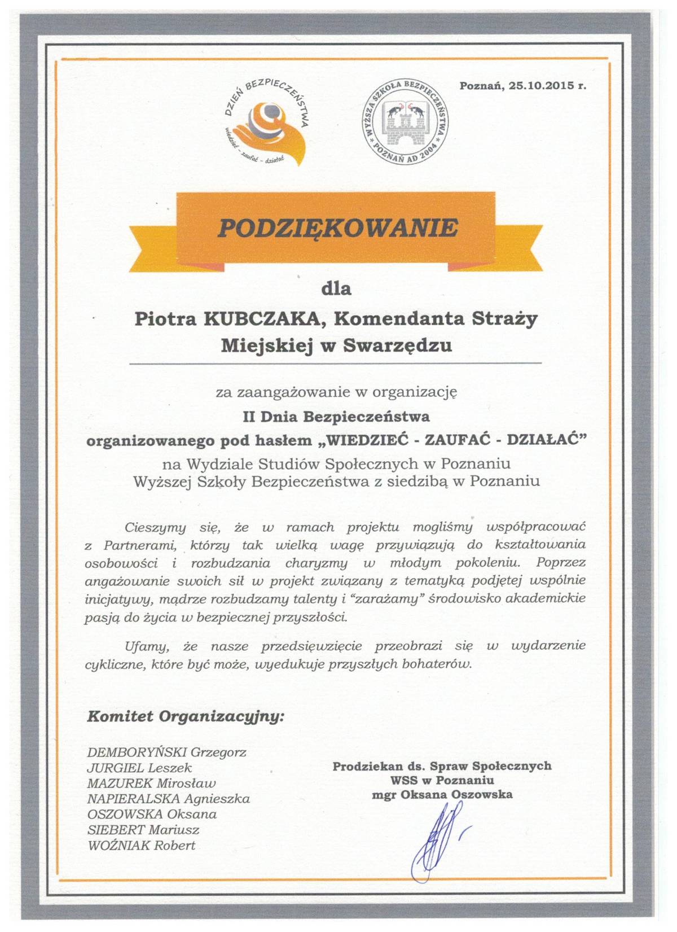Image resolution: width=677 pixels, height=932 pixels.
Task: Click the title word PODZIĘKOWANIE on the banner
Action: tap(337, 227)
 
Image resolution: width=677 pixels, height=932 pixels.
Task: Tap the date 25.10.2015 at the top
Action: tap(538, 86)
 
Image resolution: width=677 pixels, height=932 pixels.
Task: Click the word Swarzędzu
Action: tap(398, 344)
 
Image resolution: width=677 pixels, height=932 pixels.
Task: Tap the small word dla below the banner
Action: tap(336, 289)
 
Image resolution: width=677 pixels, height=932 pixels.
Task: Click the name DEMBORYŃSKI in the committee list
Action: tap(138, 752)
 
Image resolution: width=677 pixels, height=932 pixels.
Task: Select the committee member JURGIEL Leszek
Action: tap(139, 768)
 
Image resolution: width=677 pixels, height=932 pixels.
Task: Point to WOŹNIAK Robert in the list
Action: tap(142, 845)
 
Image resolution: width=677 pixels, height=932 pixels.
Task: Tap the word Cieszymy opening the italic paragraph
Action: tap(155, 528)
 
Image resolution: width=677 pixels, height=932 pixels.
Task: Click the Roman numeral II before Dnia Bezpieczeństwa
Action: tap(248, 417)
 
